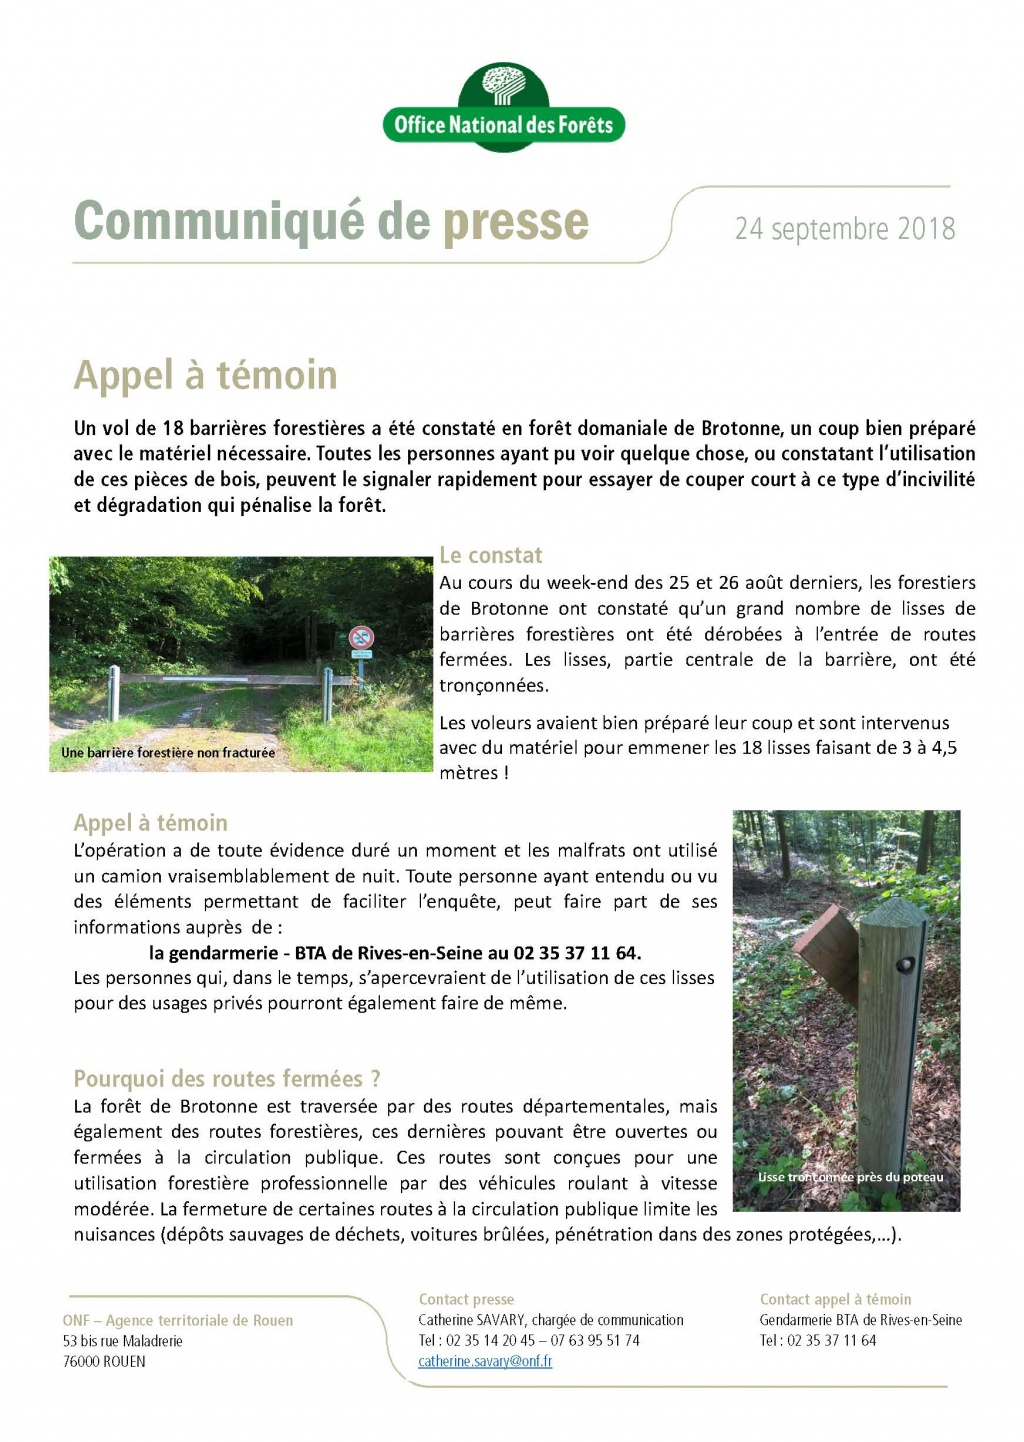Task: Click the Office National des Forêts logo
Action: pos(503,108)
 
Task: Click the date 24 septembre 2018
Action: pos(845,229)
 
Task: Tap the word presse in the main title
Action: pos(515,222)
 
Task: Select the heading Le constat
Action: pos(490,555)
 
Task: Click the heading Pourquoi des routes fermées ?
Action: pos(227,1078)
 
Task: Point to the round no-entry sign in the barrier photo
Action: pos(361,637)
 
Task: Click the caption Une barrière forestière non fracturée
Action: pos(168,752)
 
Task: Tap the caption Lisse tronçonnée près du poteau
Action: pos(850,1177)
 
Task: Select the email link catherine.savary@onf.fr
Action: pos(485,1361)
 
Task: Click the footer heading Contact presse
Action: pos(466,1299)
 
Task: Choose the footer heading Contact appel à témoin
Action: pos(835,1299)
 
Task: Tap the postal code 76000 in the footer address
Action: pos(81,1361)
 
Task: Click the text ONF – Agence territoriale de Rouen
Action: pos(178,1320)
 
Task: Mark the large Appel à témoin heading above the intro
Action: pos(205,376)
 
